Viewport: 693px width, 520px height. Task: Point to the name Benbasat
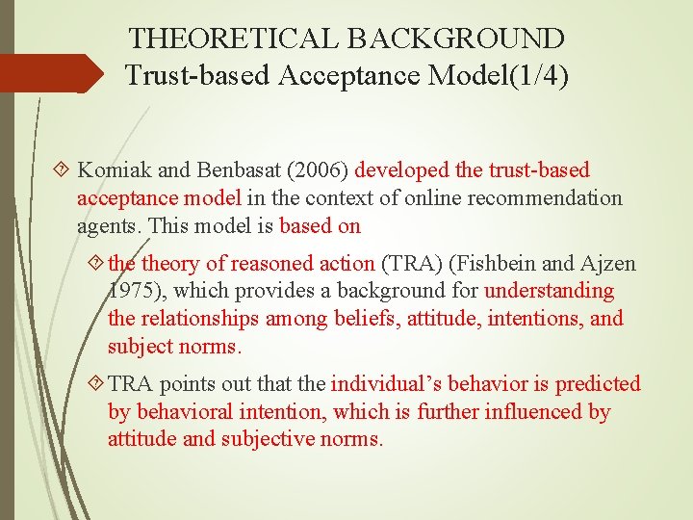click(240, 170)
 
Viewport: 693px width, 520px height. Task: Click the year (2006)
click(320, 170)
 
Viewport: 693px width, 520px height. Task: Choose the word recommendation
click(559, 198)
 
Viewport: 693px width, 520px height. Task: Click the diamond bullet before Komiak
click(64, 171)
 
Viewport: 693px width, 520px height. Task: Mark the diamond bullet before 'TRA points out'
click(94, 384)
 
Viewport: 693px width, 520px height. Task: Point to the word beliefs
click(361, 319)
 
